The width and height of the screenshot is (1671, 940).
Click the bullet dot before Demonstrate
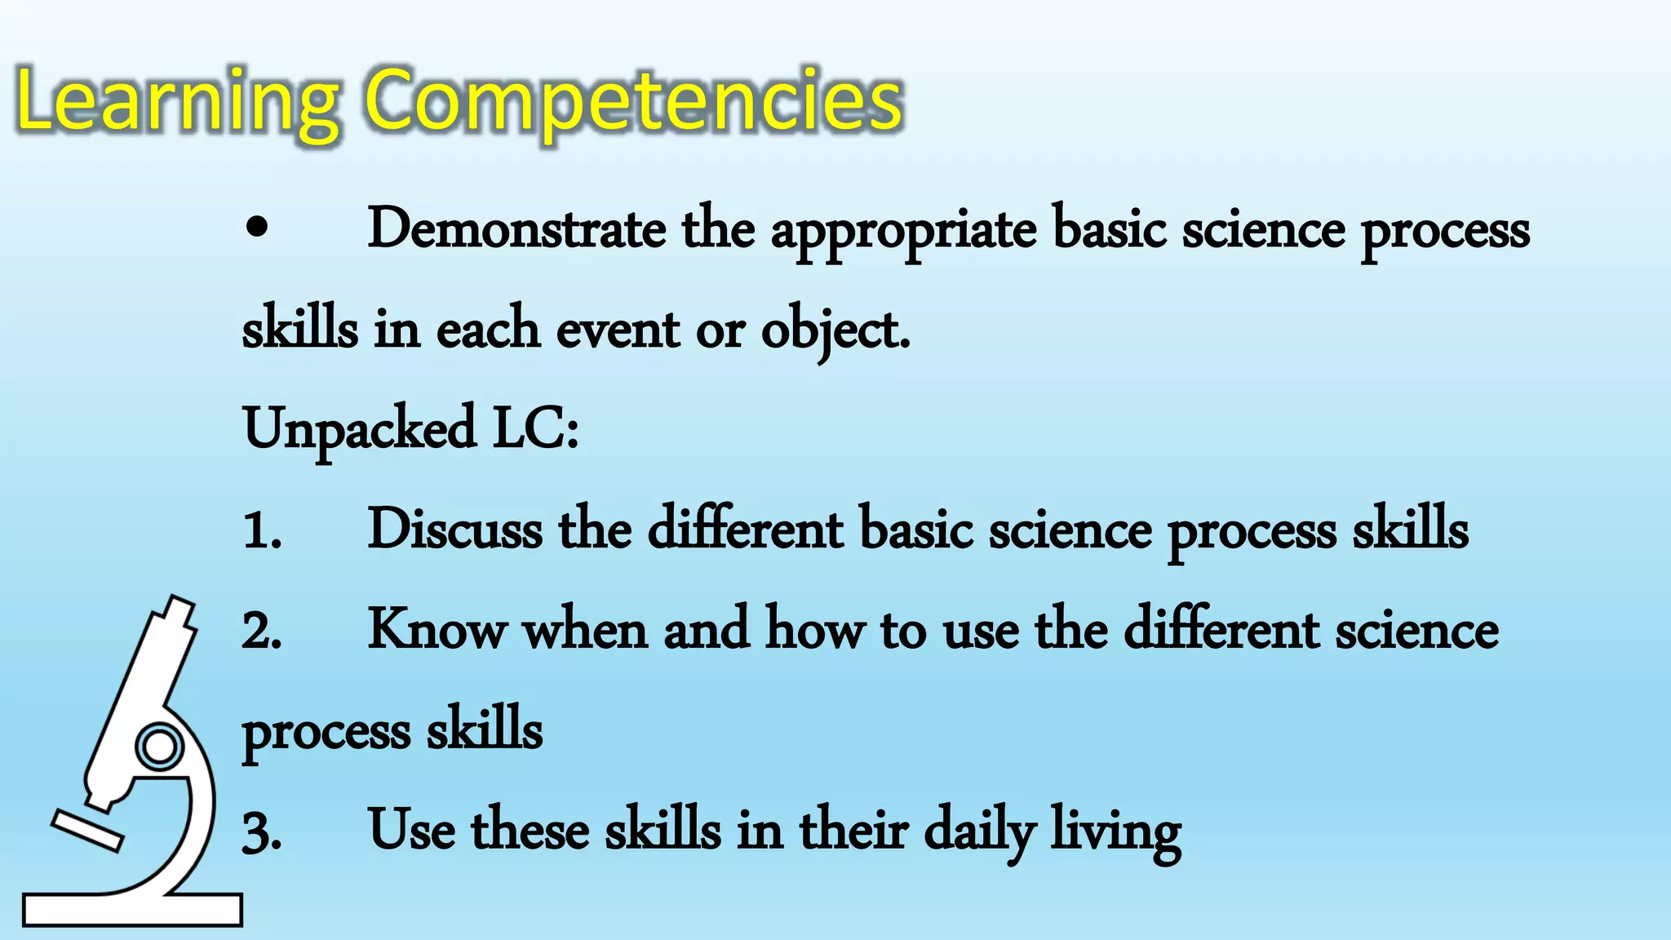256,229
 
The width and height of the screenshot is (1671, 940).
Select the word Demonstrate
516,229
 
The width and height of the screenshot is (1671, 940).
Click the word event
618,330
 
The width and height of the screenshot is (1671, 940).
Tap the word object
833,331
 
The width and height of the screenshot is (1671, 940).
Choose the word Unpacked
359,430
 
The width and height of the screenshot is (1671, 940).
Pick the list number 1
261,531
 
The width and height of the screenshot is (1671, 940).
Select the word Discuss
454,530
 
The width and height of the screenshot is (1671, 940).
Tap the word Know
437,630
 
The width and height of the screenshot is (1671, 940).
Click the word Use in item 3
411,830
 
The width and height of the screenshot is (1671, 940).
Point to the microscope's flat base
132,909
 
